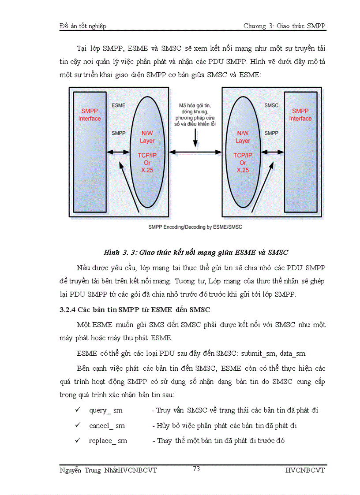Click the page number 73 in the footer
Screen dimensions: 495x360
tap(196, 469)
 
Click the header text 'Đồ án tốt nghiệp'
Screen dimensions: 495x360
tap(83, 26)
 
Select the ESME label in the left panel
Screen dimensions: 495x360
tap(118, 105)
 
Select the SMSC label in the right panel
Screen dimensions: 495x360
tap(271, 105)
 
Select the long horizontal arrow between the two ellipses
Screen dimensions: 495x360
tap(194, 152)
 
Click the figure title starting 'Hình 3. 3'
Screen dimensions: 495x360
tap(195, 253)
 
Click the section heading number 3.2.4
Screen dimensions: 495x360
tap(67, 309)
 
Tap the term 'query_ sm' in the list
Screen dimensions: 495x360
tap(106, 410)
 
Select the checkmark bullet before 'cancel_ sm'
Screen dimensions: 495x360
tap(78, 425)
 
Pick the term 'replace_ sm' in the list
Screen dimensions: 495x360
tap(108, 440)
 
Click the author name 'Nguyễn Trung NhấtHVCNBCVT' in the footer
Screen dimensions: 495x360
tap(108, 470)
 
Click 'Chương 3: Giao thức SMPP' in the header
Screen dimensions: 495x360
tap(284, 26)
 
